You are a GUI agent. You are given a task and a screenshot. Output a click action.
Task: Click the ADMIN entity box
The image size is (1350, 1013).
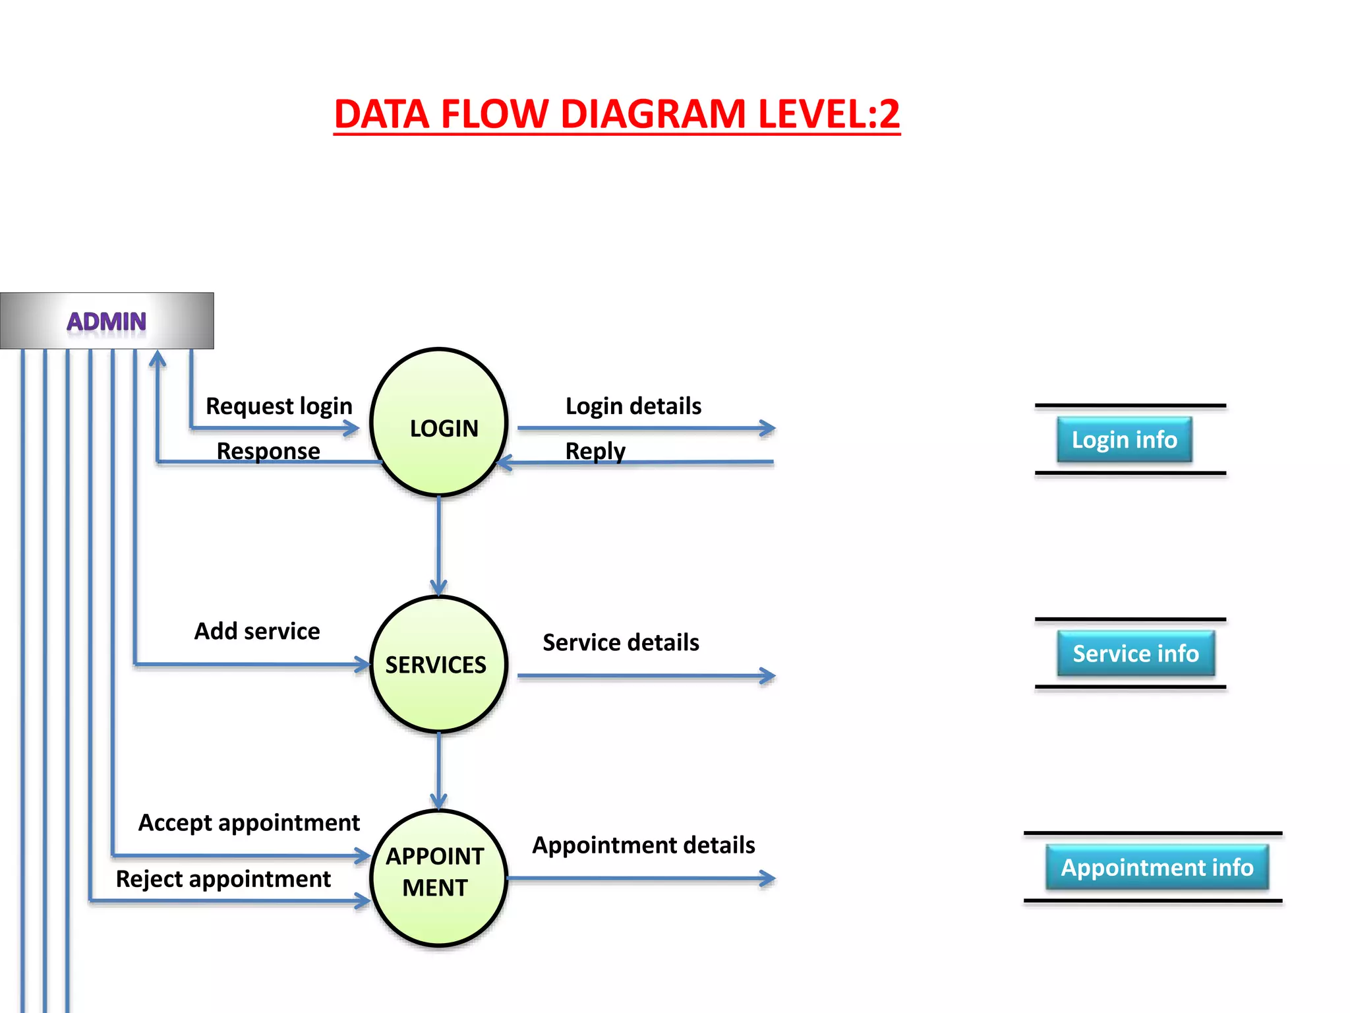click(x=107, y=321)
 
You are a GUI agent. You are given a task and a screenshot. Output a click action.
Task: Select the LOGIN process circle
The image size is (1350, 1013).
click(x=439, y=423)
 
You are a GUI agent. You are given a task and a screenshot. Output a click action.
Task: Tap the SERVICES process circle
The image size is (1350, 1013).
click(x=438, y=664)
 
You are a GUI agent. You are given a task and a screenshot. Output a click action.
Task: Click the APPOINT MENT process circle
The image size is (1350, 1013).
click(x=438, y=878)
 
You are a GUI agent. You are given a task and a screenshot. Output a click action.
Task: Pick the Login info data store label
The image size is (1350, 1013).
click(x=1124, y=440)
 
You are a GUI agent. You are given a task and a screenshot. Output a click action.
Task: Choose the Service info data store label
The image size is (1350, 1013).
click(x=1135, y=654)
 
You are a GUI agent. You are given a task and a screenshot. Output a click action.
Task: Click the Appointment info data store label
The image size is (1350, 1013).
click(x=1156, y=867)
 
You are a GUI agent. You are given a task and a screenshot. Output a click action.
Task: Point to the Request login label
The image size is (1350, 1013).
click(x=279, y=406)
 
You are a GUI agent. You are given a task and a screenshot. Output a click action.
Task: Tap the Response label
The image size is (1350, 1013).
click(x=268, y=451)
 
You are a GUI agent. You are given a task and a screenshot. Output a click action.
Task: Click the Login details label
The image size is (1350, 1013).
click(x=633, y=406)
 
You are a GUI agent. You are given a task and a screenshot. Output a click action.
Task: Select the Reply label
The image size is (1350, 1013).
click(x=595, y=451)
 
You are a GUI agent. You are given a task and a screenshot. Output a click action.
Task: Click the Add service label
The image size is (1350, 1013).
click(x=257, y=631)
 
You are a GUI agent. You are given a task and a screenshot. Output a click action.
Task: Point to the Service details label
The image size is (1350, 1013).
click(x=621, y=642)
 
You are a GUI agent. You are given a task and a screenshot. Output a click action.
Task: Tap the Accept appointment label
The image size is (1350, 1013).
click(x=249, y=823)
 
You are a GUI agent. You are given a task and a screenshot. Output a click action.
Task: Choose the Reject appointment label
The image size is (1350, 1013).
click(x=223, y=879)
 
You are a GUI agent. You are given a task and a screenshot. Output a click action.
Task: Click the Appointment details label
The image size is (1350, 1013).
click(x=643, y=845)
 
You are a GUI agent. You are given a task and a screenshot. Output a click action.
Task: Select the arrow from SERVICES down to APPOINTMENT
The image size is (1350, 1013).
click(x=439, y=768)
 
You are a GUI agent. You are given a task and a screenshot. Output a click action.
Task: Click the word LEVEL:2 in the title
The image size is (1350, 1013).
click(x=829, y=114)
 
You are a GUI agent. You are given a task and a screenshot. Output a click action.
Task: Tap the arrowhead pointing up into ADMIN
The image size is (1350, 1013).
click(x=157, y=359)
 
